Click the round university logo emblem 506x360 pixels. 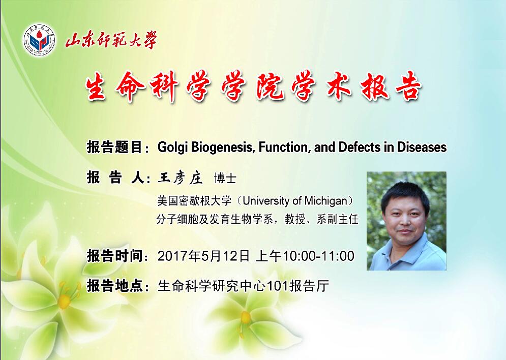[x=39, y=40]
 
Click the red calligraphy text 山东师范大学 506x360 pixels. [x=111, y=40]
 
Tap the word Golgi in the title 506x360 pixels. [x=173, y=147]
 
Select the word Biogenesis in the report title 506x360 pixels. [x=222, y=147]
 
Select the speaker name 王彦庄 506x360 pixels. [x=180, y=178]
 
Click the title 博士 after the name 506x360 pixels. [x=225, y=178]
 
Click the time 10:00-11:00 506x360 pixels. [x=318, y=256]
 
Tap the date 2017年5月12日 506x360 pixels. [x=203, y=256]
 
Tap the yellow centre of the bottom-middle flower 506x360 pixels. [x=245, y=317]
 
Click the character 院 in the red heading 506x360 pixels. [x=270, y=86]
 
